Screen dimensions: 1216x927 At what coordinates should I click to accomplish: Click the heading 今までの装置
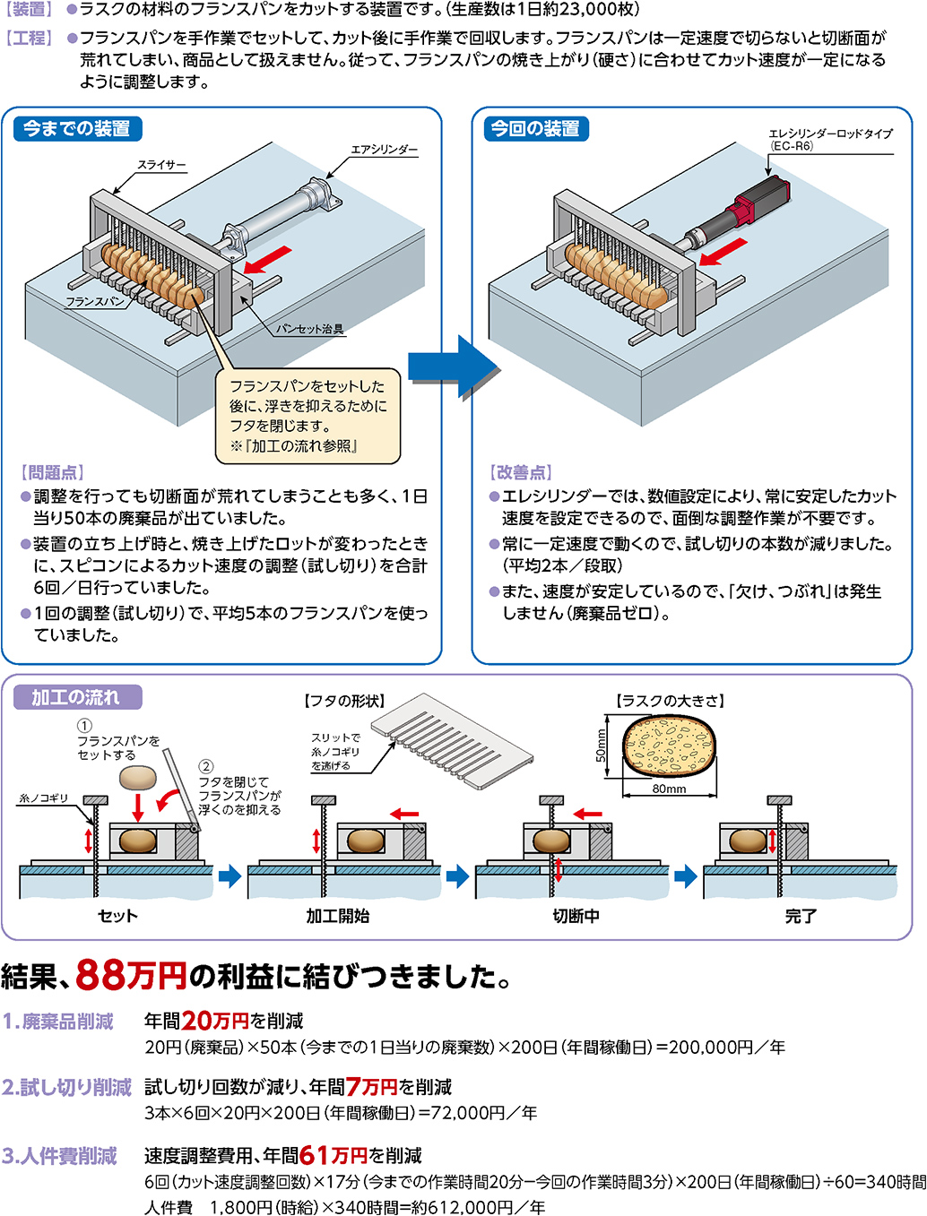(77, 129)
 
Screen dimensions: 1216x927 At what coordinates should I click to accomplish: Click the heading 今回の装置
(535, 129)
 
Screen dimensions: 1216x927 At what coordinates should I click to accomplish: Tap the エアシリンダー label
(384, 150)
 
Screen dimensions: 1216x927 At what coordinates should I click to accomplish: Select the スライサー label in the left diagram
(161, 165)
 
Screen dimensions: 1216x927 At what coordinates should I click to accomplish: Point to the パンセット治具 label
(309, 329)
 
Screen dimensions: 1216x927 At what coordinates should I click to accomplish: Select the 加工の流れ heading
(76, 697)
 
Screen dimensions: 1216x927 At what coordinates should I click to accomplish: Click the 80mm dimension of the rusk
(669, 789)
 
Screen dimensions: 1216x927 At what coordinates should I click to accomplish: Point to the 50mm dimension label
(602, 745)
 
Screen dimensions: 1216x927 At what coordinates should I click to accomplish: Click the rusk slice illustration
(670, 746)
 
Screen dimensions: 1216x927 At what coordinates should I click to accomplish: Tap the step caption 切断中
(576, 916)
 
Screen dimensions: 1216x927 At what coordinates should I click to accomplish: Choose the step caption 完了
(801, 916)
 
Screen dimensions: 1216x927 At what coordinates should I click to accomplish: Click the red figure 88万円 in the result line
(131, 975)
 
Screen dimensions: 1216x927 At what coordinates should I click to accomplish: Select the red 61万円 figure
(334, 1155)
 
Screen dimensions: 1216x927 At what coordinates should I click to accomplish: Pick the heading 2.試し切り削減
(66, 1087)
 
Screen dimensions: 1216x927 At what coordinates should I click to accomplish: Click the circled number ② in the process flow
(206, 766)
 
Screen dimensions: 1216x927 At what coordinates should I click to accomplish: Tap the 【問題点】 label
(52, 472)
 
